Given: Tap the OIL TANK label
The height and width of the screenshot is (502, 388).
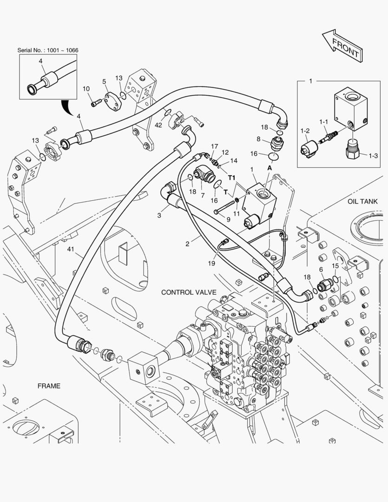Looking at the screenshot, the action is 362,201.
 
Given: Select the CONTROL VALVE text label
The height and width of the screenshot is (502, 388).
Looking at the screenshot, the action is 189,292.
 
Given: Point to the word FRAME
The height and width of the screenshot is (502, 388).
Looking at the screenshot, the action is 49,386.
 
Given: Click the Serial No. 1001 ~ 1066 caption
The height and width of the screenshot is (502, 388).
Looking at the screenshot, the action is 48,50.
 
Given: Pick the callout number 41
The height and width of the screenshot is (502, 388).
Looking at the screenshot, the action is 71,249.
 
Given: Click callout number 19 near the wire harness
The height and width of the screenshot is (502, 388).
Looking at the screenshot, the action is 211,264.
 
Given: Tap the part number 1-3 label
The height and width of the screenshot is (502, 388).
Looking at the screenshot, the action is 373,156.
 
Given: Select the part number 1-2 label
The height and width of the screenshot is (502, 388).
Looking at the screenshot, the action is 305,131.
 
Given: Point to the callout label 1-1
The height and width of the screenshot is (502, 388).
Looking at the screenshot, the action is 324,122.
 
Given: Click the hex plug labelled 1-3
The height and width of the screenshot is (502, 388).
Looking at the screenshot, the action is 353,149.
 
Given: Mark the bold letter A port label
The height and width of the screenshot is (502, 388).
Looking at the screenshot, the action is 270,167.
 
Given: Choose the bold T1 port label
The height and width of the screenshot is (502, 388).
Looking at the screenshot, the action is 232,178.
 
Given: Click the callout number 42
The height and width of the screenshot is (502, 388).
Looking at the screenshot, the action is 158,125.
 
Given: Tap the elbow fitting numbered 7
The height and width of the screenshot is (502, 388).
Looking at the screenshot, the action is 204,174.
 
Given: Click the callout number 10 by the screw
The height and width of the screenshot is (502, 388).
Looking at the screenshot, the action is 86,89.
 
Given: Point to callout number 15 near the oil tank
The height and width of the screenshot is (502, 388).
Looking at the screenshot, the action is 335,266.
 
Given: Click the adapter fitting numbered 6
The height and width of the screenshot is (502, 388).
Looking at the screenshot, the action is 325,284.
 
